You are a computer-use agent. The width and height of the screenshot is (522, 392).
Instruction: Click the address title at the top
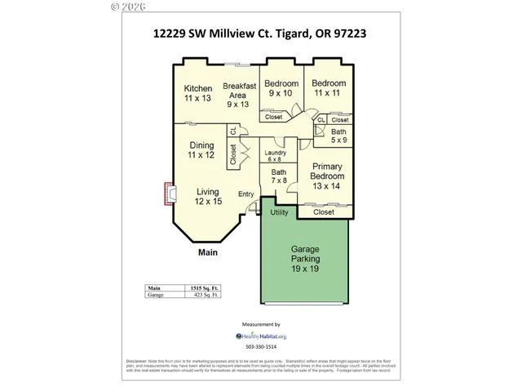pos(261,34)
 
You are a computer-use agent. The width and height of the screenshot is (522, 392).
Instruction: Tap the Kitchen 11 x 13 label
pos(197,93)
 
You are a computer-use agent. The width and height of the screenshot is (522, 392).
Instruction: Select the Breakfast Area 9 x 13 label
pos(240,95)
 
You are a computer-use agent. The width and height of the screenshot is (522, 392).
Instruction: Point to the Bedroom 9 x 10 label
pos(281,88)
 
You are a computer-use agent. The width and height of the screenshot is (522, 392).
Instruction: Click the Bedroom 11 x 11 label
pos(329,88)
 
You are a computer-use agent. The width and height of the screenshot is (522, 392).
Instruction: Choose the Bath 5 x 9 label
pos(338,136)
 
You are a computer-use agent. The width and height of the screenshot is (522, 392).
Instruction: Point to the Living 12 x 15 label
pos(208,196)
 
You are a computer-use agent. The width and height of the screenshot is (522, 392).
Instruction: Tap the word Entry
pos(246,194)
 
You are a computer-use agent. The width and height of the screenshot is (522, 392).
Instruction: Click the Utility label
pos(280,212)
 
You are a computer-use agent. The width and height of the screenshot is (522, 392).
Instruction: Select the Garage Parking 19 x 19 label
pos(304,259)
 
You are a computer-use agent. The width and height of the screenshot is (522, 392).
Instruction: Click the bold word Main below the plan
pos(208,253)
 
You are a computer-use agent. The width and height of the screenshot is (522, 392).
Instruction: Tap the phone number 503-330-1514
pos(261,347)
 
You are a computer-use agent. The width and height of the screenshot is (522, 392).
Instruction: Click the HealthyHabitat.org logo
pos(261,336)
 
